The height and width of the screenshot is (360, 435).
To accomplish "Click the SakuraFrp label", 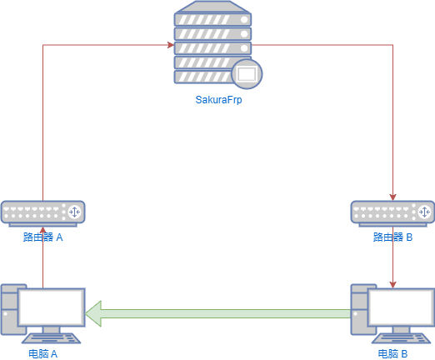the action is [218, 100].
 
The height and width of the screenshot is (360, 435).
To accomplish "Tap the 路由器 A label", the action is [43, 237].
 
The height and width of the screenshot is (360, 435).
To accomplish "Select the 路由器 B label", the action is [392, 237].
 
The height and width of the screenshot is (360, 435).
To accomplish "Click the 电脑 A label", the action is [43, 354].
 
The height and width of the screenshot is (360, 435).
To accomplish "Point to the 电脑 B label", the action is [392, 354].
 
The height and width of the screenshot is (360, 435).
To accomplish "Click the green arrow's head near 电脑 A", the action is [93, 313].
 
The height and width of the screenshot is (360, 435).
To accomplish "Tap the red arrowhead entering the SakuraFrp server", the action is [171, 45].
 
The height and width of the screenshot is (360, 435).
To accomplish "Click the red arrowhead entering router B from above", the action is [392, 197].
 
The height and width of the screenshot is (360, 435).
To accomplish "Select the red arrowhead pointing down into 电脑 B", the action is [392, 285].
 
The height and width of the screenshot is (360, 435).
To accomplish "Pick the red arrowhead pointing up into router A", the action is [43, 230].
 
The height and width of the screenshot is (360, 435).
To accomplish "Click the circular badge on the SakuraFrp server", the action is [247, 74].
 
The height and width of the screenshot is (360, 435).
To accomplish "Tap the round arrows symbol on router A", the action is [75, 212].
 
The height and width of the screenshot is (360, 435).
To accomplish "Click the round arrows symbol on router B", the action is [424, 212].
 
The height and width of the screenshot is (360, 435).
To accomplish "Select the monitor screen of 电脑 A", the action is [52, 307].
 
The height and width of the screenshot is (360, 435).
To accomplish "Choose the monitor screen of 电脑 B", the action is [401, 307].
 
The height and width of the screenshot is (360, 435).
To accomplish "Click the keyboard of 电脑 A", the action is [52, 338].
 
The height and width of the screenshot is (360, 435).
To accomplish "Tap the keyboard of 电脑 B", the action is [401, 338].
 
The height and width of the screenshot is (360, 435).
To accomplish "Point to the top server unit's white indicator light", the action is [244, 20].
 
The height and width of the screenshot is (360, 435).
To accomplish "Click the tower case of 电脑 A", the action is [10, 309].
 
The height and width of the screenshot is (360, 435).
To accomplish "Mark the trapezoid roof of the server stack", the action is [212, 7].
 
